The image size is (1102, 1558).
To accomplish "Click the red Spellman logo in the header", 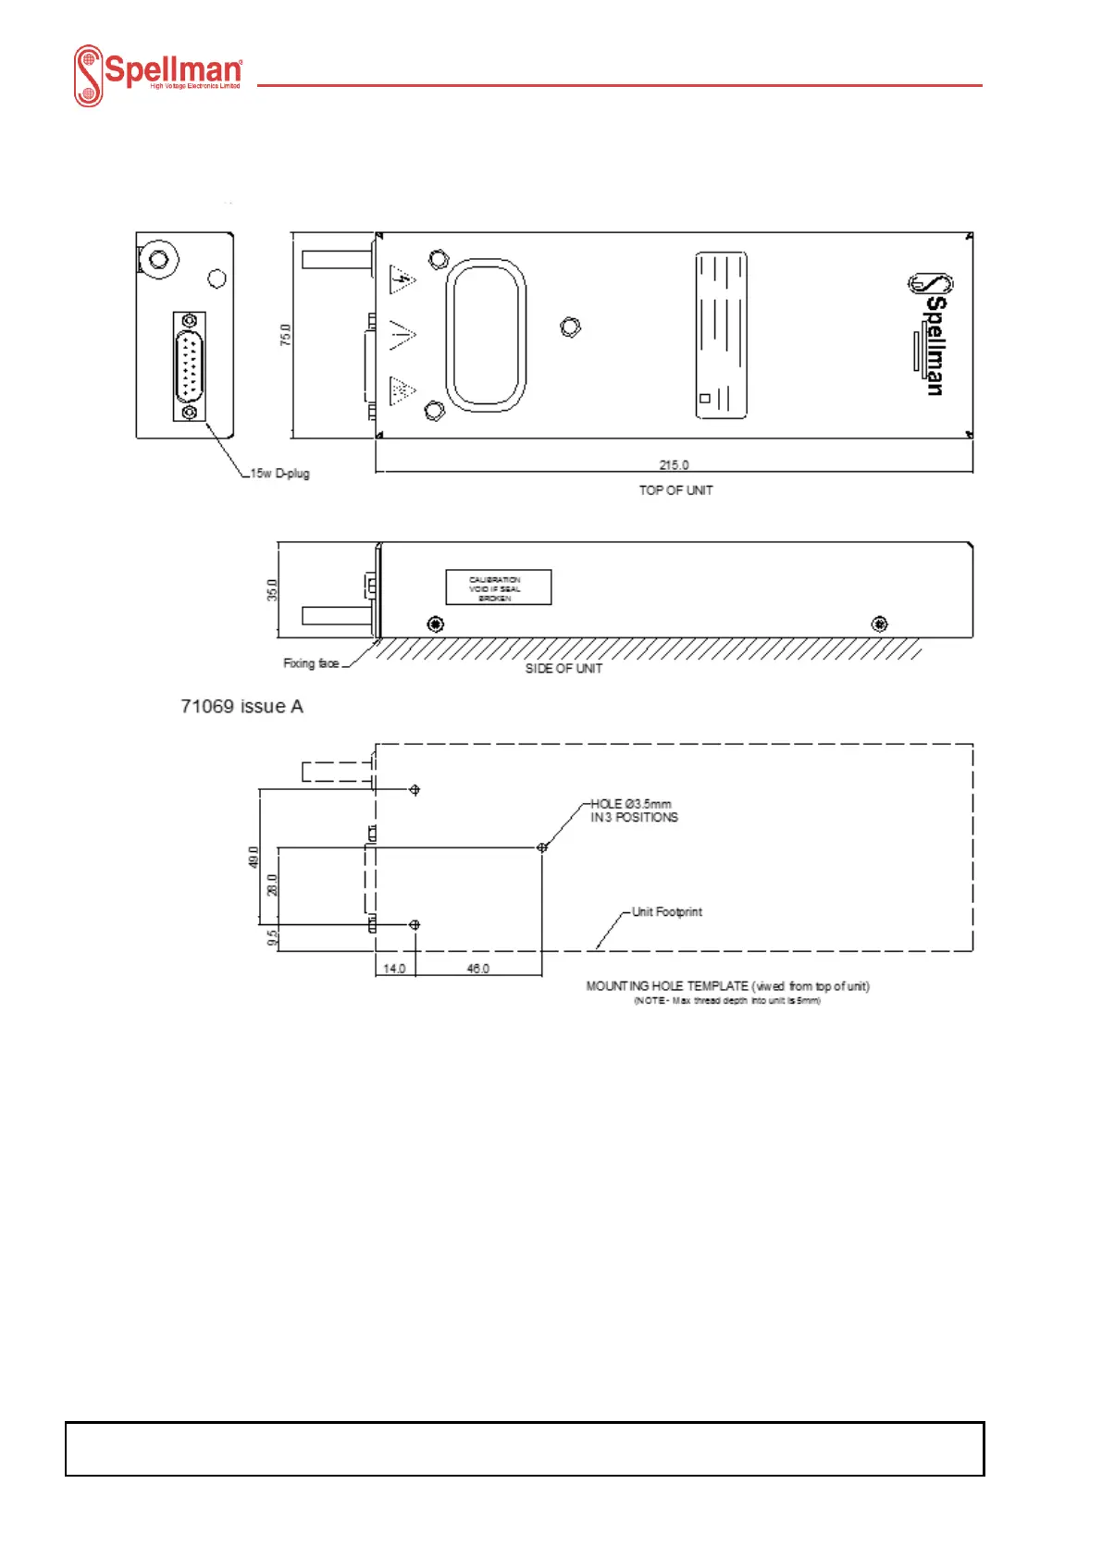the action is point(158,75).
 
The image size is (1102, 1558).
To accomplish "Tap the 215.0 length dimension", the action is point(674,464).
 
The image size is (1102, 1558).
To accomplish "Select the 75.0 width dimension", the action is point(286,335).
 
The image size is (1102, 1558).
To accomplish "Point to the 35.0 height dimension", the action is point(272,589).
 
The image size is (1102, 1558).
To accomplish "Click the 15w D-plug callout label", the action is point(279,474).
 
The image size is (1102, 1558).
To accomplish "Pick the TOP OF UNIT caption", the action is point(675,490).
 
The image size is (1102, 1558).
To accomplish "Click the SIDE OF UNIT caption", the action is point(563,668).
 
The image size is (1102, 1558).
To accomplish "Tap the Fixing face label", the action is point(311,663).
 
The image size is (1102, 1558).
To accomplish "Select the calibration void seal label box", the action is point(499,587).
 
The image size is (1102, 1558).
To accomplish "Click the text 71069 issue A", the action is point(242,707).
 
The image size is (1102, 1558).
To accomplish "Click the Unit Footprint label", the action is point(666,912).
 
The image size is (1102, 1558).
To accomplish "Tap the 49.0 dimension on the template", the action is point(254,857).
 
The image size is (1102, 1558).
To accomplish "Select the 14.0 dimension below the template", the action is point(394,969).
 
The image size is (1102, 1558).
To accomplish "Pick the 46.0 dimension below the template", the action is point(477,969).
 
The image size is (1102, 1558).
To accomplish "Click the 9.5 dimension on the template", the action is point(272,937).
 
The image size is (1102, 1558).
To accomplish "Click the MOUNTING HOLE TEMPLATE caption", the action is point(727,986).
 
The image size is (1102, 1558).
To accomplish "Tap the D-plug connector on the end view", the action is point(190,366).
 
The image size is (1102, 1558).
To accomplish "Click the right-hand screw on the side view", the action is point(879,624).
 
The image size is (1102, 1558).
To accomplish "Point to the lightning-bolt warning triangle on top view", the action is point(402,279).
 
